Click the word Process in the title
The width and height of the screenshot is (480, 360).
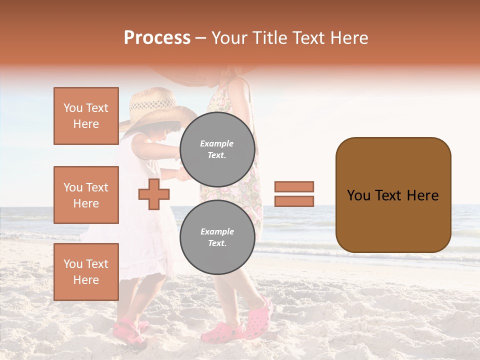click(x=157, y=38)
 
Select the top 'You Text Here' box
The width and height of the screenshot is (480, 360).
click(x=86, y=116)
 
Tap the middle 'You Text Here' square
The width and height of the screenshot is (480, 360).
click(x=86, y=195)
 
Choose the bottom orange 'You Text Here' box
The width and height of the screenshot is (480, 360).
click(x=86, y=271)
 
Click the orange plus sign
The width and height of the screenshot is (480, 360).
click(x=154, y=194)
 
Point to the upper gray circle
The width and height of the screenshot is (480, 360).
click(x=217, y=149)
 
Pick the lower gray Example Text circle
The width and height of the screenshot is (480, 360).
click(x=217, y=237)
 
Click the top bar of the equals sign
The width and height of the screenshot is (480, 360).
click(x=294, y=187)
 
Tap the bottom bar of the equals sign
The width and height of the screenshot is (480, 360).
click(x=294, y=201)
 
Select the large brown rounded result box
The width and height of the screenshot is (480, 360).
click(x=393, y=195)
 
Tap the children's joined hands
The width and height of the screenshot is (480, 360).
click(x=178, y=173)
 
